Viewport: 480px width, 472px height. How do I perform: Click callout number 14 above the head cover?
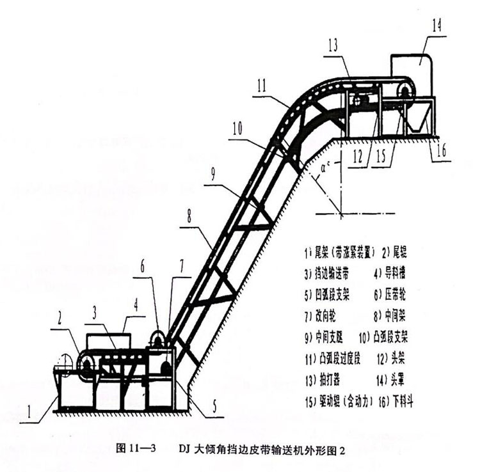pos(437,26)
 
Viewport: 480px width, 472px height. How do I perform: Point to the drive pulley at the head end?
pos(404,94)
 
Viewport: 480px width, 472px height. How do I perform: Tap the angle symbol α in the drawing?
pos(326,171)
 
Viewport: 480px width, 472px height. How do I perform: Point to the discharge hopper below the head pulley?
pos(417,122)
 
